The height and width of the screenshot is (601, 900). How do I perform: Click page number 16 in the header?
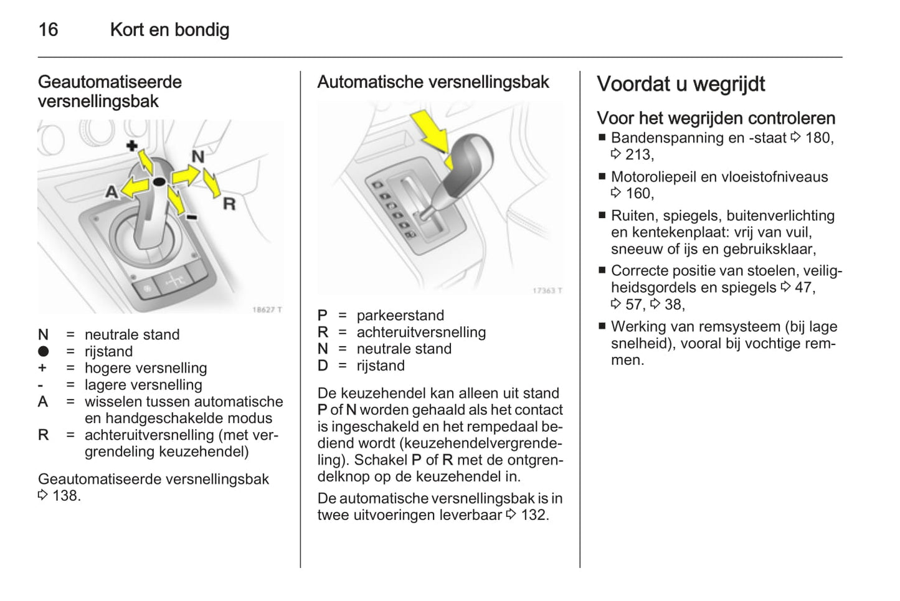pyautogui.click(x=48, y=30)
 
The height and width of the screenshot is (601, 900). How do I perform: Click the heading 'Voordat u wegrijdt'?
pyautogui.click(x=681, y=84)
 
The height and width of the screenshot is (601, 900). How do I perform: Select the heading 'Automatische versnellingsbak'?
pyautogui.click(x=433, y=82)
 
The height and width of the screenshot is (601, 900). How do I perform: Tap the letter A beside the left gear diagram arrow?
pyautogui.click(x=111, y=191)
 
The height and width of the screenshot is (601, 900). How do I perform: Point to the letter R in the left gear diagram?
pyautogui.click(x=229, y=204)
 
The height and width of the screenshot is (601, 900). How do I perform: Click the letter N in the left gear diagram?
pyautogui.click(x=197, y=156)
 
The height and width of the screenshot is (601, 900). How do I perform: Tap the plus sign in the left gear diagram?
pyautogui.click(x=131, y=146)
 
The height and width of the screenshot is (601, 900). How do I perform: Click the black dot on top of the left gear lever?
pyautogui.click(x=159, y=181)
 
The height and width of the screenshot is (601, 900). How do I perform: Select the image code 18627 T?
pyautogui.click(x=267, y=310)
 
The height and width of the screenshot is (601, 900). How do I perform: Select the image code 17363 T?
pyautogui.click(x=547, y=290)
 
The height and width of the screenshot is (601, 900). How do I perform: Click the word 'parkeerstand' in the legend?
pyautogui.click(x=400, y=316)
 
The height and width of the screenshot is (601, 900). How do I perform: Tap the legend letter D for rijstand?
pyautogui.click(x=323, y=366)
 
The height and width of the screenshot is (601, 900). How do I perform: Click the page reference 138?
pyautogui.click(x=66, y=496)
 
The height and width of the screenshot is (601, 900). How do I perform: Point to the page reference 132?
pyautogui.click(x=534, y=515)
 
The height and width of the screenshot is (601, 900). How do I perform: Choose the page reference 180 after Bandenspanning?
pyautogui.click(x=818, y=138)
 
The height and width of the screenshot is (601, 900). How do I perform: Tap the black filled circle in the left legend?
pyautogui.click(x=43, y=351)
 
